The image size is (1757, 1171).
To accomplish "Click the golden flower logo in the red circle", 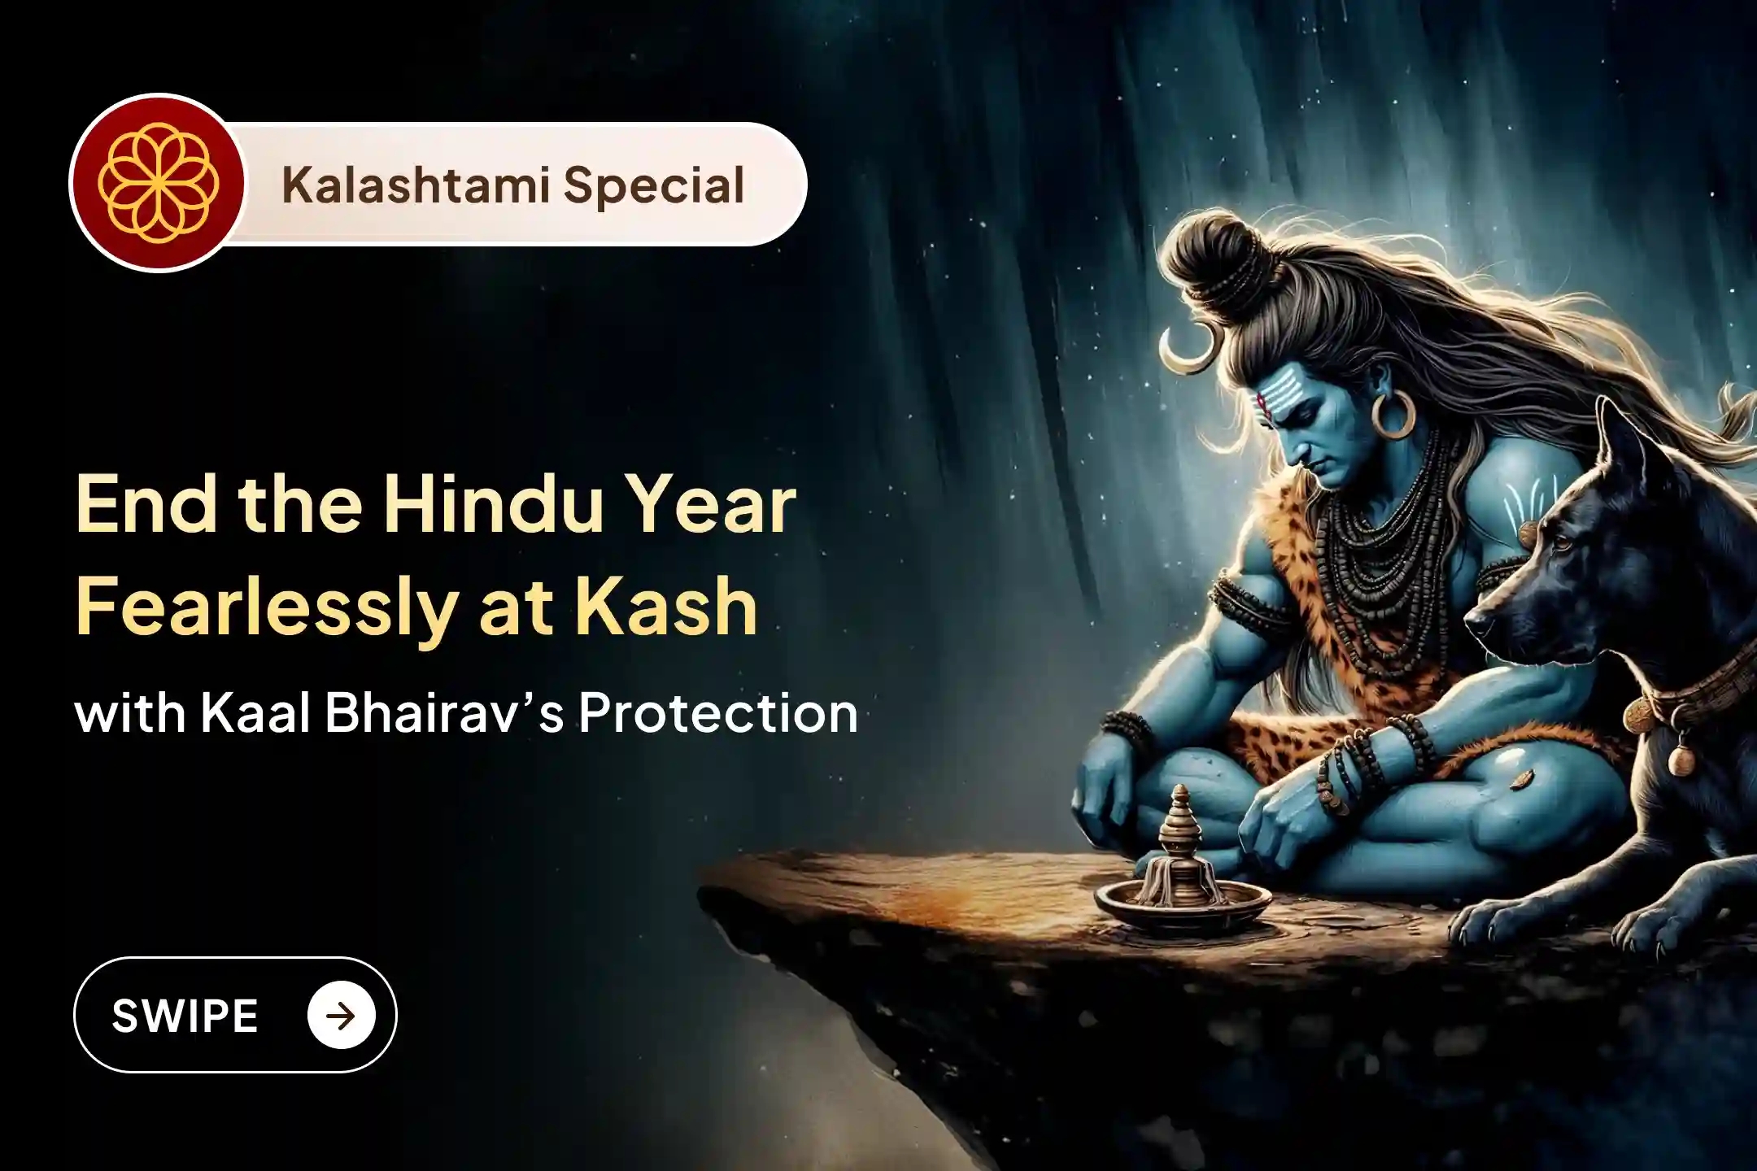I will coord(155,183).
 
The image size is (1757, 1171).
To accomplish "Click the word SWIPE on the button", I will coord(185,1016).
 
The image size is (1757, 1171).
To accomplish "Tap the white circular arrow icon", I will coord(341,1015).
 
